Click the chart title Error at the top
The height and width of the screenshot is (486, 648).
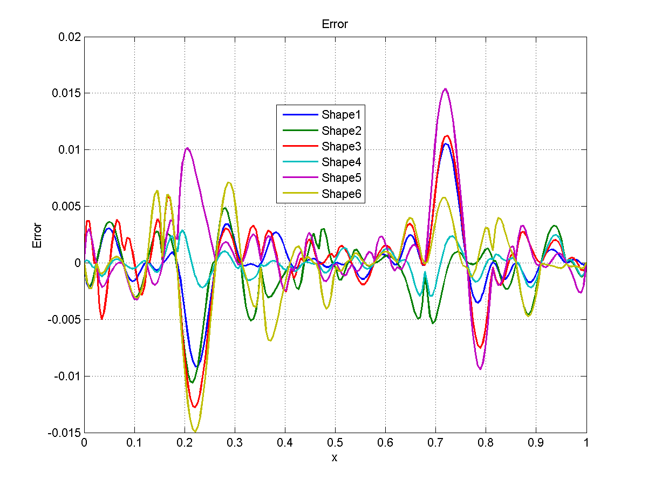point(335,24)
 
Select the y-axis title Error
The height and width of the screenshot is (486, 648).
point(37,235)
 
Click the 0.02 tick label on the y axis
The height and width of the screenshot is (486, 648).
point(69,37)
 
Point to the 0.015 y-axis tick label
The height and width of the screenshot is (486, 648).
point(66,93)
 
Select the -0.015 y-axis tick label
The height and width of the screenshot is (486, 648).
point(65,433)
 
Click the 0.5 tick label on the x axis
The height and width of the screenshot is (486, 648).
point(335,442)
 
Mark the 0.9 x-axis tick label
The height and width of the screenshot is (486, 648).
point(536,442)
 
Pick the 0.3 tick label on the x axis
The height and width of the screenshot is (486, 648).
point(234,442)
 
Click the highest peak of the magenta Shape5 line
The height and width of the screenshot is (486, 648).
point(445,89)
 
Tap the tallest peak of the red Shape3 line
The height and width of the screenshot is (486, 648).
point(447,136)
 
